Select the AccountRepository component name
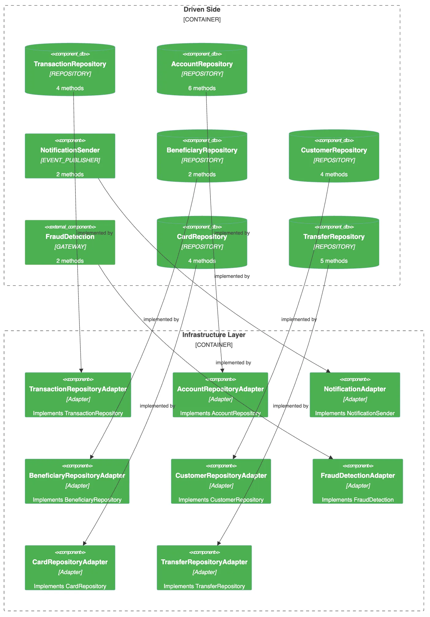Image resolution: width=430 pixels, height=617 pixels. [x=202, y=64]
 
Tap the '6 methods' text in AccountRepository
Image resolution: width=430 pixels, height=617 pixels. [x=202, y=88]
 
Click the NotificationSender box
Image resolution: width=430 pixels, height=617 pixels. [x=70, y=156]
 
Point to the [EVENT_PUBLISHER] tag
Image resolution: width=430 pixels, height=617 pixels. [x=70, y=160]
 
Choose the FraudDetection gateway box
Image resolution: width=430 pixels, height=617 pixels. [x=70, y=242]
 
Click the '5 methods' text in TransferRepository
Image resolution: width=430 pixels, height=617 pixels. [x=334, y=261]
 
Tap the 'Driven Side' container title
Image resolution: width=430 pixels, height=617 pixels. [x=202, y=10]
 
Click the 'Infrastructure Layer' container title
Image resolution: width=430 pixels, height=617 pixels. [x=214, y=335]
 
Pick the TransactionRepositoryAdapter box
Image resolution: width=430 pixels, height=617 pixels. [x=78, y=395]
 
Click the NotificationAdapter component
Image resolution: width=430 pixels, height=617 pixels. [x=355, y=395]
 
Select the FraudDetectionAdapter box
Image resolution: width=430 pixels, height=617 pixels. [x=358, y=481]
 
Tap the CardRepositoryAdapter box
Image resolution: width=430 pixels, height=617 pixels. [x=70, y=568]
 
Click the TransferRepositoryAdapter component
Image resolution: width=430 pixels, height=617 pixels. [x=204, y=568]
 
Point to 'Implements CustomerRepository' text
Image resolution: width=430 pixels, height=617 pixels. [x=221, y=500]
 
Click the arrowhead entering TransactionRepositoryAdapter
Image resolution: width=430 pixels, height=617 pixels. [x=81, y=371]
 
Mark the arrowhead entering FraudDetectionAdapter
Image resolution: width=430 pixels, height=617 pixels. [x=331, y=457]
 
